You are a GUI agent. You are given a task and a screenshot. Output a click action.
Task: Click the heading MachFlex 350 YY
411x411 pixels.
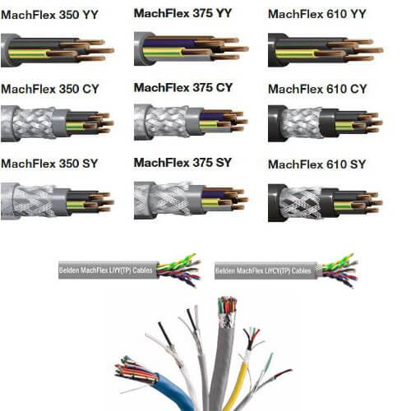[49, 15]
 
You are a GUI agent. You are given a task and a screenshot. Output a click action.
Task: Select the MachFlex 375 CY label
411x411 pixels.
[183, 88]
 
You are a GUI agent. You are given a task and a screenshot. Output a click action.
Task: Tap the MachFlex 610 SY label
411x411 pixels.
[317, 164]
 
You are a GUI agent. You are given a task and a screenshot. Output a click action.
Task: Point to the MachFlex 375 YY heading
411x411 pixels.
[182, 13]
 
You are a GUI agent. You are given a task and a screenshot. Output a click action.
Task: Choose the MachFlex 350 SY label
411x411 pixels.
[49, 164]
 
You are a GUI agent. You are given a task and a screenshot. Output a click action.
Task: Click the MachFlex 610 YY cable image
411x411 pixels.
[326, 50]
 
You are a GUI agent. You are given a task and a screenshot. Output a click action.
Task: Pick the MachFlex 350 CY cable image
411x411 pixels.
[58, 123]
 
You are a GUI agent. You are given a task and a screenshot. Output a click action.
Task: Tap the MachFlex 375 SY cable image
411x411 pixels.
[191, 200]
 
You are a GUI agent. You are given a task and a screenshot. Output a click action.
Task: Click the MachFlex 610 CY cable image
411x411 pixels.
[326, 123]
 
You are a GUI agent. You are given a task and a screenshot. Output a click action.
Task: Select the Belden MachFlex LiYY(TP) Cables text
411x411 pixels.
[105, 270]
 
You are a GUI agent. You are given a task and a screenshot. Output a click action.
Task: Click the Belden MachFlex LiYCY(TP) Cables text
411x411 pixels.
[263, 271]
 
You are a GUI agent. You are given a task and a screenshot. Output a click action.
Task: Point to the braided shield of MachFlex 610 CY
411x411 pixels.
[302, 122]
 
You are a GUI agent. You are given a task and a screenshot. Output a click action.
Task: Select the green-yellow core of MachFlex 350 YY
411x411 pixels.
[27, 53]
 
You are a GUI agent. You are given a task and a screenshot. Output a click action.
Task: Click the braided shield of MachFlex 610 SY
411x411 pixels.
[301, 203]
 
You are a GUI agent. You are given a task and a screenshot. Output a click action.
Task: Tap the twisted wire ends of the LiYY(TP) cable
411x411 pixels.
[179, 270]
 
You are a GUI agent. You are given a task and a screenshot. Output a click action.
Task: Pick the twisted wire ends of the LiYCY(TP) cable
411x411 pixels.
[339, 270]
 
